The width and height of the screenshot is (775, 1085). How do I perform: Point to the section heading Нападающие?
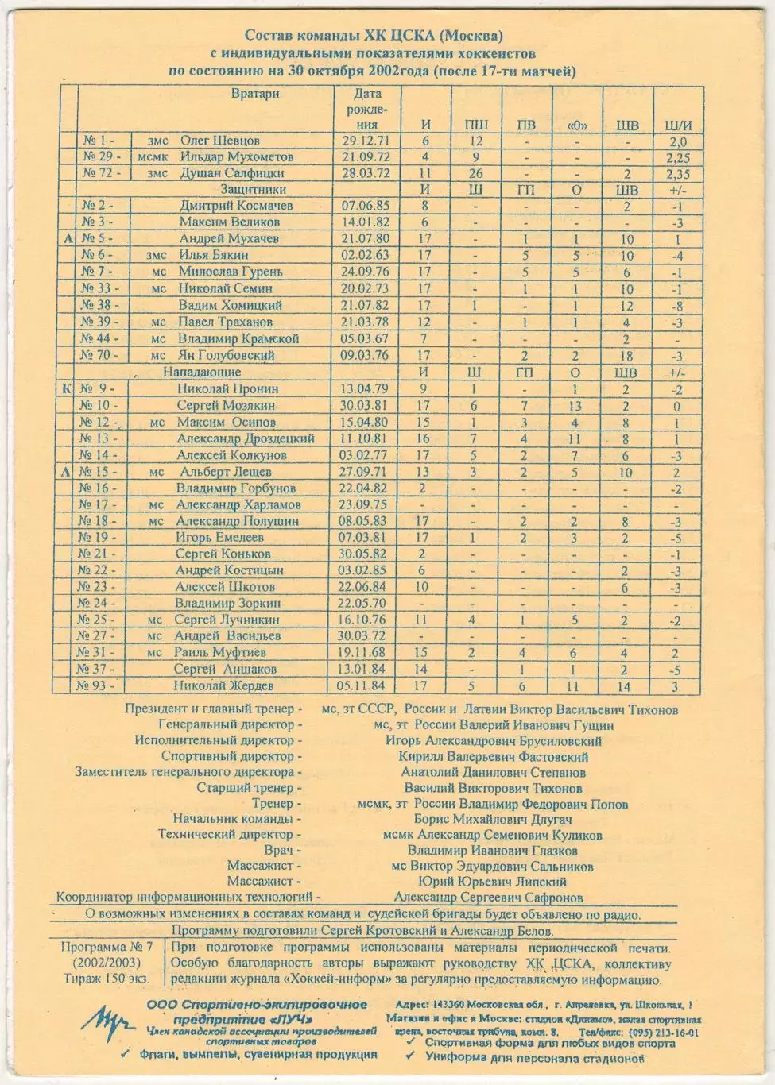click(202, 373)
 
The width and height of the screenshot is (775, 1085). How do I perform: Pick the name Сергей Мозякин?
click(225, 405)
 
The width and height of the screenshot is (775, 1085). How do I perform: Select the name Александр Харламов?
click(238, 504)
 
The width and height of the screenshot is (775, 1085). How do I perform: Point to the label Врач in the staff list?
click(284, 850)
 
